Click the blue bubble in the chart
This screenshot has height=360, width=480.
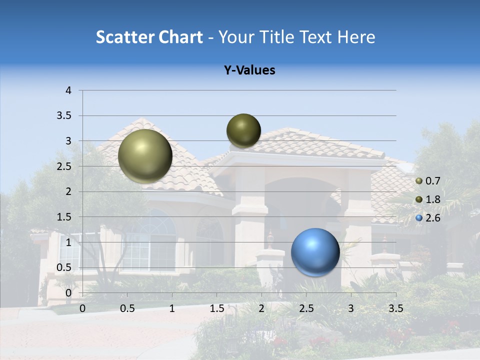(x=315, y=252)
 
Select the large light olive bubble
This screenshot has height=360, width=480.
(x=145, y=156)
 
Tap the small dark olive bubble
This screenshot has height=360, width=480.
(x=243, y=130)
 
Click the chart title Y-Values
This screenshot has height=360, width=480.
(x=249, y=70)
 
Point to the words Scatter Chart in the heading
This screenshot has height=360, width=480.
(x=149, y=37)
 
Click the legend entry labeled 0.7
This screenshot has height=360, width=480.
(x=428, y=181)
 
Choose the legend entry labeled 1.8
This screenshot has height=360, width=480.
(x=428, y=199)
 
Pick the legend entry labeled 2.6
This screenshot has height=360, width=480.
(x=428, y=217)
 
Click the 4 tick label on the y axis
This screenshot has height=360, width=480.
(x=68, y=90)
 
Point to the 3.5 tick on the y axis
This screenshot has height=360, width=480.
(x=64, y=116)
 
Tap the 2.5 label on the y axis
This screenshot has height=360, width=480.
(x=64, y=166)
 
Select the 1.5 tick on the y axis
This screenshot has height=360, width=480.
(x=64, y=217)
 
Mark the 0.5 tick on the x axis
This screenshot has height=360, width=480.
(x=127, y=308)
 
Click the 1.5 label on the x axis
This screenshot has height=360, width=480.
(x=216, y=308)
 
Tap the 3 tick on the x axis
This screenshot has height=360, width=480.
(x=351, y=308)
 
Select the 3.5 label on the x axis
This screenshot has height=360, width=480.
(x=395, y=308)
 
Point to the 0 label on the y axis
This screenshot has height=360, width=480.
(x=68, y=293)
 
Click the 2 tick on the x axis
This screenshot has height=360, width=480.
(x=261, y=308)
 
